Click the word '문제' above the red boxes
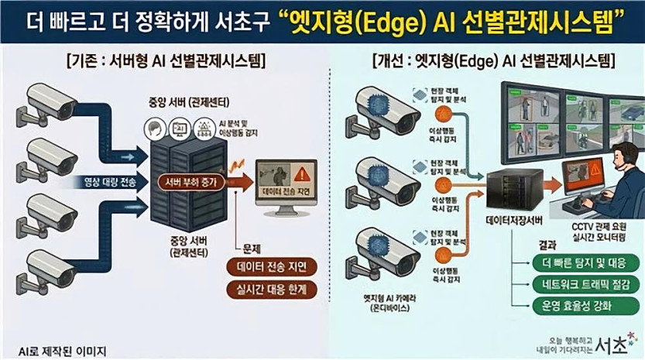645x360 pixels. (x=252, y=249)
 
